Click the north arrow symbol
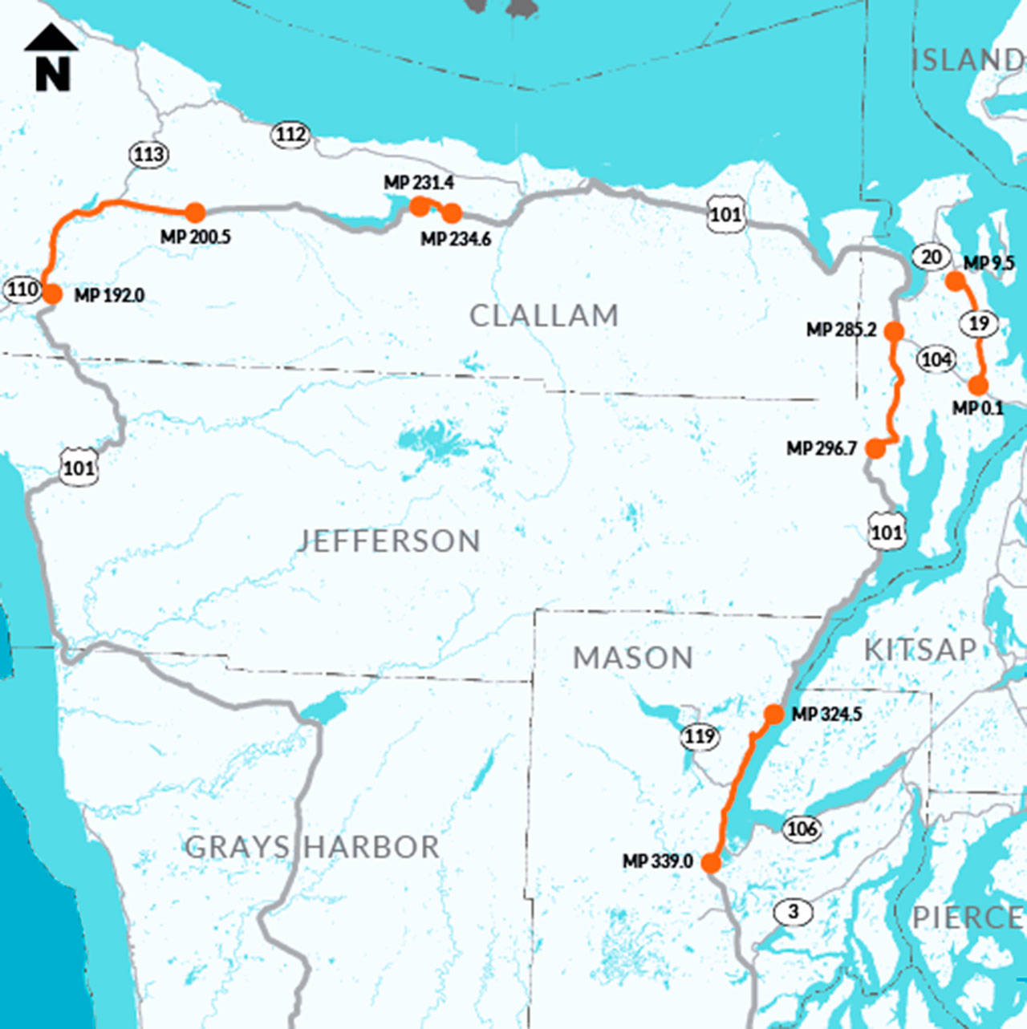click(51, 57)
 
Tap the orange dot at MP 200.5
click(195, 213)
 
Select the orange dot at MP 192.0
click(52, 294)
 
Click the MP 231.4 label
click(418, 183)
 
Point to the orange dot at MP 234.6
click(452, 213)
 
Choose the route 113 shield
click(148, 154)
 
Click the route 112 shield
click(290, 134)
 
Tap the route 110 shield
click(22, 289)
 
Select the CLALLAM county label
click(544, 316)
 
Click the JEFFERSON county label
click(389, 541)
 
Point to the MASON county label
click(633, 658)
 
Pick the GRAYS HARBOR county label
click(312, 847)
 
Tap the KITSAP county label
click(920, 650)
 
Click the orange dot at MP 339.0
click(711, 863)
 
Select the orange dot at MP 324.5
click(773, 714)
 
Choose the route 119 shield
click(700, 736)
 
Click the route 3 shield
click(794, 912)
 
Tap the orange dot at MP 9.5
click(954, 281)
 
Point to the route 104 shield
click(936, 359)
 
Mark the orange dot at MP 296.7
click(875, 449)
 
